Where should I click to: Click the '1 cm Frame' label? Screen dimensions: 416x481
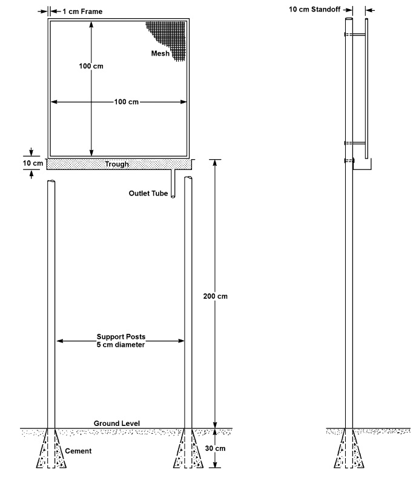82,11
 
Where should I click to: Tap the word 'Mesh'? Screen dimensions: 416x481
160,53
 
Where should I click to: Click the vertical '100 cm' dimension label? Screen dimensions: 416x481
91,66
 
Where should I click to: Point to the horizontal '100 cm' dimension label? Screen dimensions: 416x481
126,102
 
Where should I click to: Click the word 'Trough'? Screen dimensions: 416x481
117,164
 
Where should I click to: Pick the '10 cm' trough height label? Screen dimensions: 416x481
33,163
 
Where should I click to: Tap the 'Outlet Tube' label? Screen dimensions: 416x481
148,193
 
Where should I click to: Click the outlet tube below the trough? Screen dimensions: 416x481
173,183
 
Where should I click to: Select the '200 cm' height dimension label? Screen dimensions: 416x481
215,296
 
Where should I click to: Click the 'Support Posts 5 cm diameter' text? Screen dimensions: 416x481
121,341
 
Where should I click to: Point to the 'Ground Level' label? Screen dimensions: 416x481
117,424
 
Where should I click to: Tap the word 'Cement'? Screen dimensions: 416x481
78,451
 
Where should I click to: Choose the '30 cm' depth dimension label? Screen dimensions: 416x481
215,448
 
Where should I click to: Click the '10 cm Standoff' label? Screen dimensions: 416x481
314,10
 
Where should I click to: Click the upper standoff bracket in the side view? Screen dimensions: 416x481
355,34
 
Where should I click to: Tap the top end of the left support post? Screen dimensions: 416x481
51,182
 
